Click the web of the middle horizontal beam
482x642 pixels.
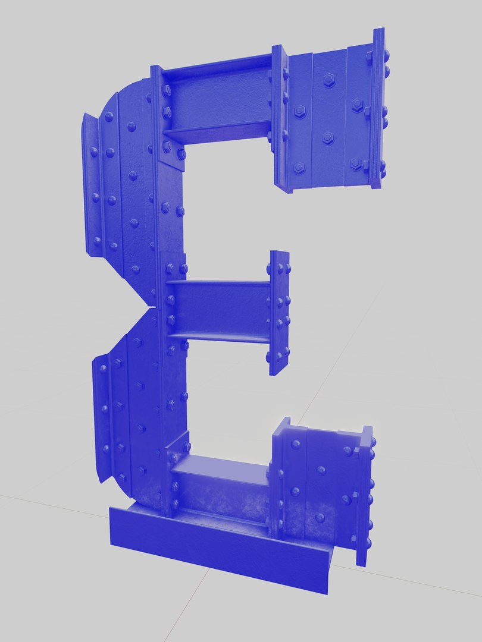click(220, 309)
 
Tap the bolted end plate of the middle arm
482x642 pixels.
click(278, 312)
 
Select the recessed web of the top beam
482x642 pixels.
click(217, 98)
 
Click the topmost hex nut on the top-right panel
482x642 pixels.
click(328, 79)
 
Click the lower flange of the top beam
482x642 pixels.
click(217, 130)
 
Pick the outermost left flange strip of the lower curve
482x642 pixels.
click(101, 416)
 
